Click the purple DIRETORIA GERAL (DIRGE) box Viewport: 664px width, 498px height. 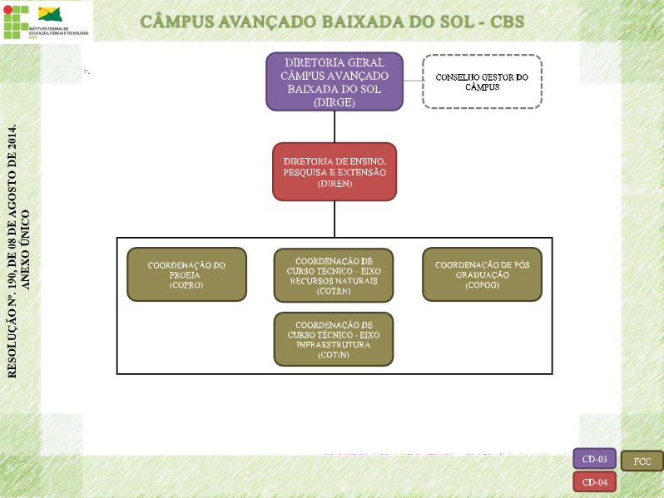[334, 81]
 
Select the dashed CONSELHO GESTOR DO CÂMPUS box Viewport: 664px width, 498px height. [482, 81]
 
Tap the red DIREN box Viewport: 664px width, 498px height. [334, 171]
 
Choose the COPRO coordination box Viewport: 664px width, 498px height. [186, 274]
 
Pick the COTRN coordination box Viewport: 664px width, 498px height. [334, 274]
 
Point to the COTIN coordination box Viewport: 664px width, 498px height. [334, 338]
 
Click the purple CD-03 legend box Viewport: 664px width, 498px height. [594, 459]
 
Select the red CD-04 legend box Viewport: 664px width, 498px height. [594, 482]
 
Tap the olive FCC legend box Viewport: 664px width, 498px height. [642, 461]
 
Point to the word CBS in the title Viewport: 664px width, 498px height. [498, 21]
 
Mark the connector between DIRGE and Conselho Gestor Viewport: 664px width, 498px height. [413, 81]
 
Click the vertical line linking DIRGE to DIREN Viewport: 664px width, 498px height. [334, 126]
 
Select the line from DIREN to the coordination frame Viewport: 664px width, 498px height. [334, 219]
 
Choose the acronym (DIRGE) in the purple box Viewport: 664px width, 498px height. [334, 102]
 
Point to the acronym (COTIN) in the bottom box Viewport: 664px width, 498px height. [334, 355]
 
